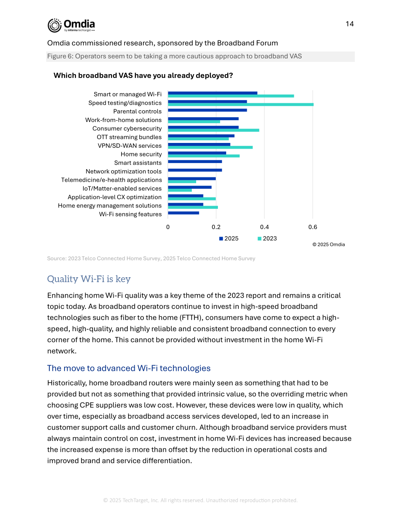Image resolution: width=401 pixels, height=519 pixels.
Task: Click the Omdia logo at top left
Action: click(x=71, y=25)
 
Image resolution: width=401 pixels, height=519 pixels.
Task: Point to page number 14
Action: click(x=350, y=24)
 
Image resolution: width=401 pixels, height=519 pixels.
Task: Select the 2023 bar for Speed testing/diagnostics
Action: click(x=241, y=105)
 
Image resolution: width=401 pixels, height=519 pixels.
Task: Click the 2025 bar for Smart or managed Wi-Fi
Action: click(x=213, y=93)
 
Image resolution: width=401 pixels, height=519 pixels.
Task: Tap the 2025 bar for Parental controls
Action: click(x=207, y=110)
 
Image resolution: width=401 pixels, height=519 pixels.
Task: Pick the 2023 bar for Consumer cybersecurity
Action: click(x=214, y=130)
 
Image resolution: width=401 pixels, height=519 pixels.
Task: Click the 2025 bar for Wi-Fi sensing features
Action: click(x=184, y=213)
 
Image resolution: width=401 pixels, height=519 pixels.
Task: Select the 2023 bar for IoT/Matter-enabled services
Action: click(x=180, y=190)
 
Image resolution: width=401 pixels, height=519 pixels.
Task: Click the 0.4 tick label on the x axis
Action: click(x=264, y=227)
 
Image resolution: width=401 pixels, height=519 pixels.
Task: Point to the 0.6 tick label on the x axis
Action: click(x=313, y=227)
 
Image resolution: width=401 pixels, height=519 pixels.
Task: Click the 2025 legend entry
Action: click(x=229, y=239)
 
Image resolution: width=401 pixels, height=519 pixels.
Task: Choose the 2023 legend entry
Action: click(x=267, y=239)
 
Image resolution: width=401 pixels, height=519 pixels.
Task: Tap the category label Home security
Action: click(x=141, y=154)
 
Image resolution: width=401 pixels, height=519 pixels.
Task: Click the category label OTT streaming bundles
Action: click(x=129, y=137)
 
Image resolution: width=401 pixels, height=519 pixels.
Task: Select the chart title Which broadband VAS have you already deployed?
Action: click(x=143, y=75)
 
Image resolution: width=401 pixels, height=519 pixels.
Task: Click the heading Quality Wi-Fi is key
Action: click(x=89, y=279)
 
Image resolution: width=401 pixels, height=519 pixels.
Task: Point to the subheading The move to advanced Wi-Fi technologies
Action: click(x=129, y=368)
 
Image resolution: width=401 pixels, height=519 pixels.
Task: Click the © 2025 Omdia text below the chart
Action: click(x=329, y=244)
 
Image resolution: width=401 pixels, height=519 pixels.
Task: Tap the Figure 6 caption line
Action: click(x=174, y=56)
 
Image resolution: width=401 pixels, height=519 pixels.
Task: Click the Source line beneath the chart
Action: click(x=151, y=258)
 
